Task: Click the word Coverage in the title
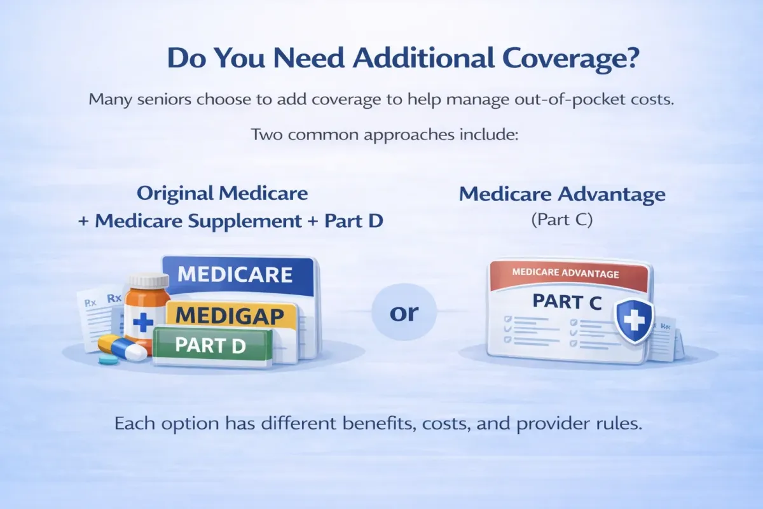[x=570, y=59]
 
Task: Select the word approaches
[x=409, y=136]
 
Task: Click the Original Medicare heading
[x=222, y=193]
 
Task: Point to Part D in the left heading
[x=354, y=221]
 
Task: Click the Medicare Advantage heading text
[x=562, y=194]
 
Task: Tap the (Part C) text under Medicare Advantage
[x=562, y=220]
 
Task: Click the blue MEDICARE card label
[x=235, y=274]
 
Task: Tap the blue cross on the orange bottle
[x=142, y=323]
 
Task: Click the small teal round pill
[x=109, y=360]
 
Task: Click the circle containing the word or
[x=404, y=312]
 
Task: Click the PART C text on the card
[x=567, y=302]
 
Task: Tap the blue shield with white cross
[x=634, y=321]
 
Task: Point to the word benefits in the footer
[x=379, y=424]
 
